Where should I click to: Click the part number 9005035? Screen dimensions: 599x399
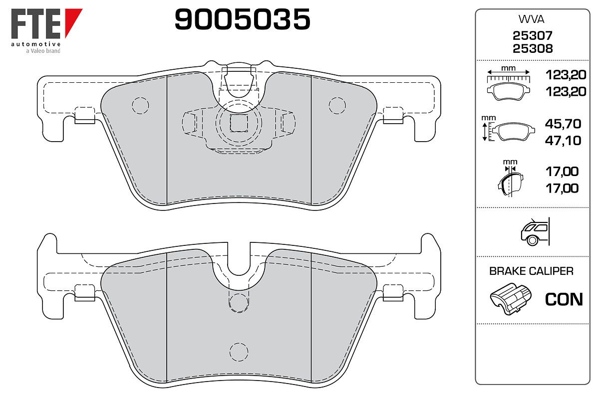[x=242, y=19]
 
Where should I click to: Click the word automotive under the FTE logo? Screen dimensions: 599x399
[x=36, y=44]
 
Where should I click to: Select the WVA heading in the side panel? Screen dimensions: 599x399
[x=532, y=19]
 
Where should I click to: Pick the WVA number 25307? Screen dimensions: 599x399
[x=533, y=35]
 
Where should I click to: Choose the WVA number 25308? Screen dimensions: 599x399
[x=533, y=49]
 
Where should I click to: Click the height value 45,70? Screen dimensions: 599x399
[x=563, y=124]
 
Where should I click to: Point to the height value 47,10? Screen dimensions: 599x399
[x=563, y=141]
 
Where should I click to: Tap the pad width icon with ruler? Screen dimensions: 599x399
[x=508, y=83]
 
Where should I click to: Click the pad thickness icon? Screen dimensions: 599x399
[x=511, y=178]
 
